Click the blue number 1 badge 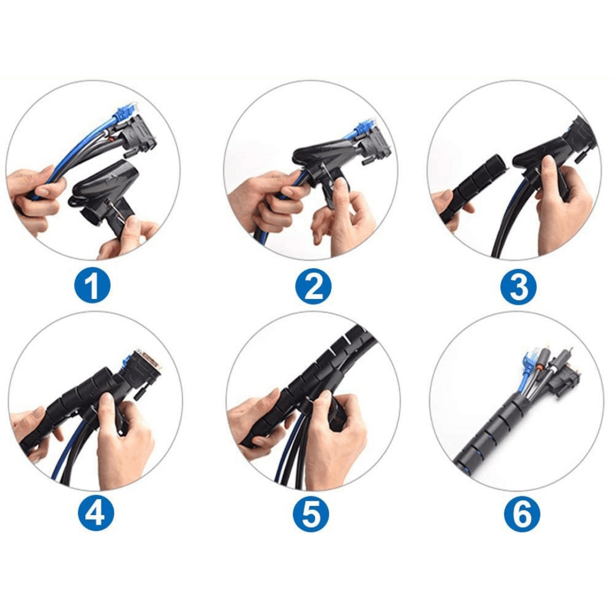click(92, 286)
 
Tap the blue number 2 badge click(313, 286)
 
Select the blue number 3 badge click(519, 286)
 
